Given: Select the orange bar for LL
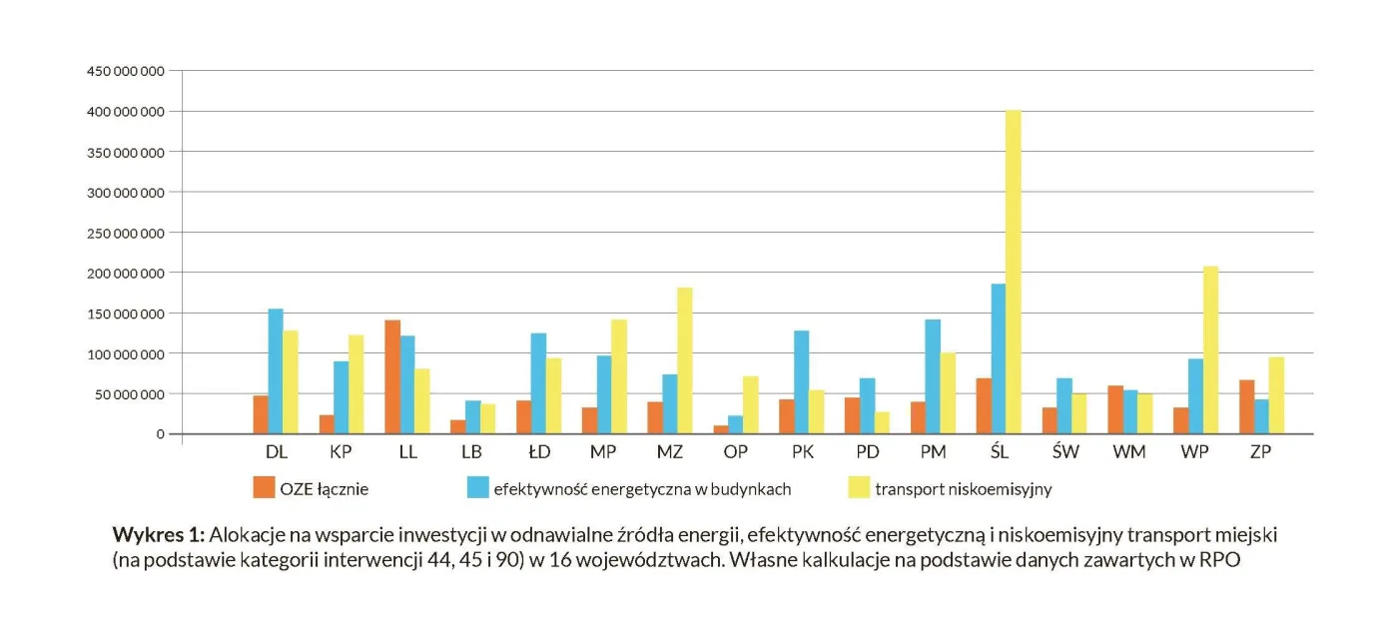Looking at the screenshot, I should point(392,377).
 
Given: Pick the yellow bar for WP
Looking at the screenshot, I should point(1210,350).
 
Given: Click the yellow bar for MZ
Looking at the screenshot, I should point(685,360).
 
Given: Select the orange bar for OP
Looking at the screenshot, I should point(721,429).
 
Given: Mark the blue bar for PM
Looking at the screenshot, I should point(933,376).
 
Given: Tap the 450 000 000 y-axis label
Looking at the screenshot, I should point(125,72).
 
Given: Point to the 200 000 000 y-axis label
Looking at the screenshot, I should point(125,273).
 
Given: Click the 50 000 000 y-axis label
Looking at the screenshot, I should point(129,394).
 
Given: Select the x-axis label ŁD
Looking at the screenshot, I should point(539,451).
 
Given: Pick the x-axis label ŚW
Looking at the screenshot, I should point(1065,451).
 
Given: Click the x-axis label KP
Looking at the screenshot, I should point(341,451).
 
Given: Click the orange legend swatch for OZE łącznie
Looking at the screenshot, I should point(264,487).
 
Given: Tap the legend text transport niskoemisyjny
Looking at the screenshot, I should point(964,489).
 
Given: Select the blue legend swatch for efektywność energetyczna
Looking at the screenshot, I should point(478,487).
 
